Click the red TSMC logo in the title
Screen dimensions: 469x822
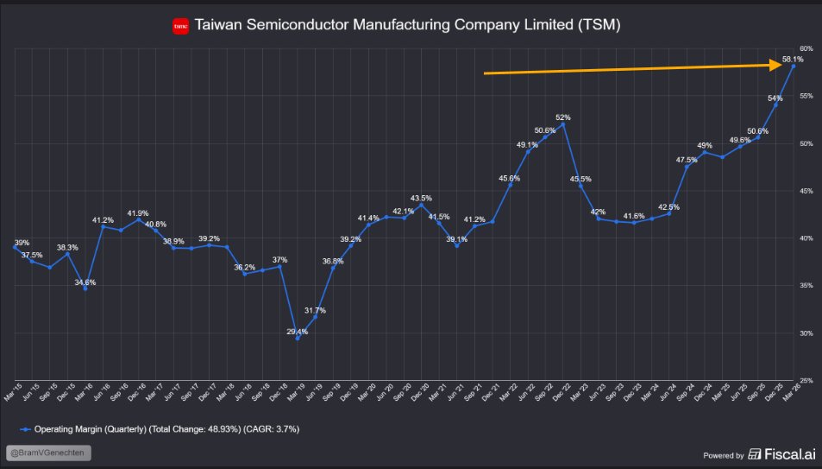point(180,27)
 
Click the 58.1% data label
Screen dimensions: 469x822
point(792,60)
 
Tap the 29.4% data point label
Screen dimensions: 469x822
point(297,332)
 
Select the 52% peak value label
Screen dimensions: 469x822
point(563,117)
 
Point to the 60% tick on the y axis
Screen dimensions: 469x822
point(806,48)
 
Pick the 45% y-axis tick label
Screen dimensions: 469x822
point(806,191)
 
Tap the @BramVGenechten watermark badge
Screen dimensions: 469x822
point(48,453)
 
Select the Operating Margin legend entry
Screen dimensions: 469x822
point(160,428)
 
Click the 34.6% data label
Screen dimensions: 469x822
point(85,282)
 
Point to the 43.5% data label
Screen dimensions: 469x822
point(422,199)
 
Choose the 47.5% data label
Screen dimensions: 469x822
point(687,160)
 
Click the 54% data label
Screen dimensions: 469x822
point(775,98)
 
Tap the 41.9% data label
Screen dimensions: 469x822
point(138,212)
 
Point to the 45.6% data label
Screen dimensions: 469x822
point(510,179)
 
